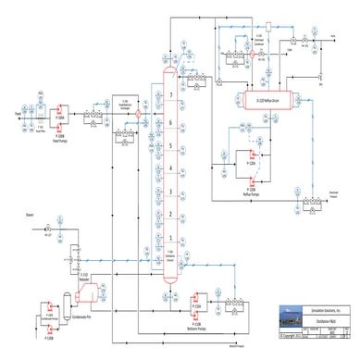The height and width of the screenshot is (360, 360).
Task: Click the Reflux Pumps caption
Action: click(x=247, y=167)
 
